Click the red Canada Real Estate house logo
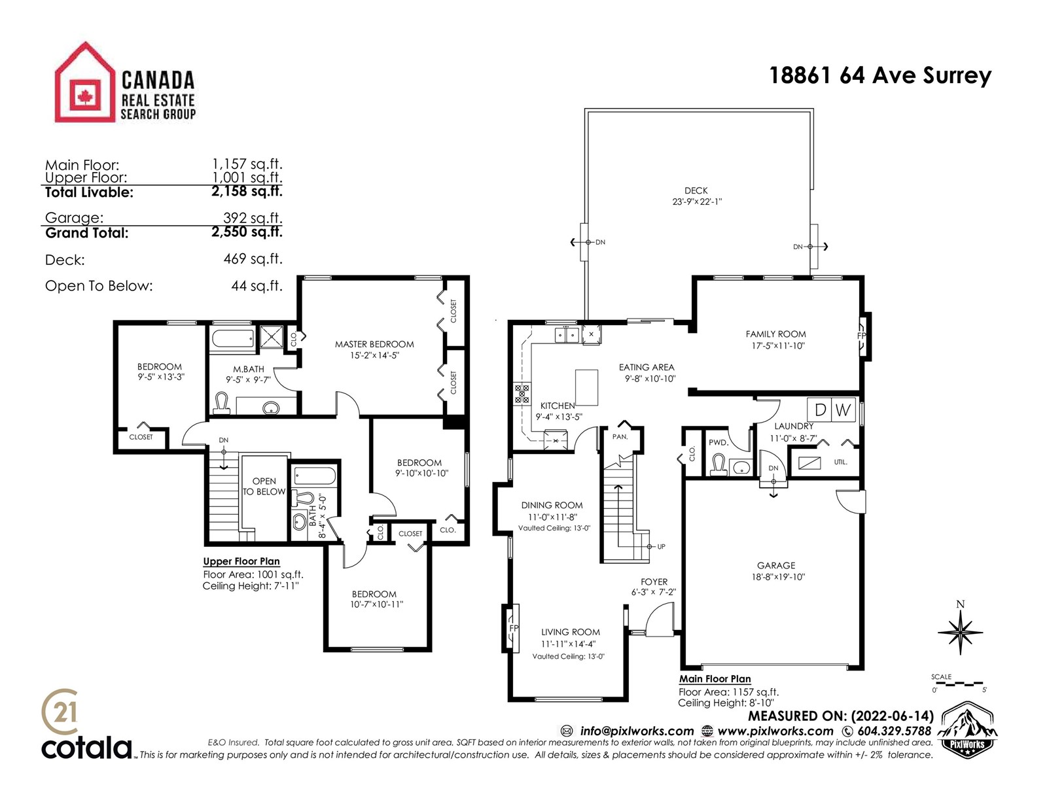(x=85, y=82)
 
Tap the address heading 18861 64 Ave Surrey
(x=881, y=76)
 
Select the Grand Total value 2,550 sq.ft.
(x=247, y=232)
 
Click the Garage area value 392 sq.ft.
(x=253, y=218)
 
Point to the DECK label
(x=696, y=190)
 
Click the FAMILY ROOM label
(x=775, y=334)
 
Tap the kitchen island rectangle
(x=587, y=387)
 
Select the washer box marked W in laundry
(x=843, y=410)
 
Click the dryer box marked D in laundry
(x=819, y=410)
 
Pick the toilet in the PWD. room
(x=717, y=464)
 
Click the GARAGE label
(x=776, y=565)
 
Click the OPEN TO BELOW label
(x=264, y=486)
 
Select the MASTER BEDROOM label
(x=374, y=344)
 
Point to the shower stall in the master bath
(x=272, y=336)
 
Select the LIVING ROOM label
(x=571, y=632)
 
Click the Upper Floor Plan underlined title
(x=241, y=561)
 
